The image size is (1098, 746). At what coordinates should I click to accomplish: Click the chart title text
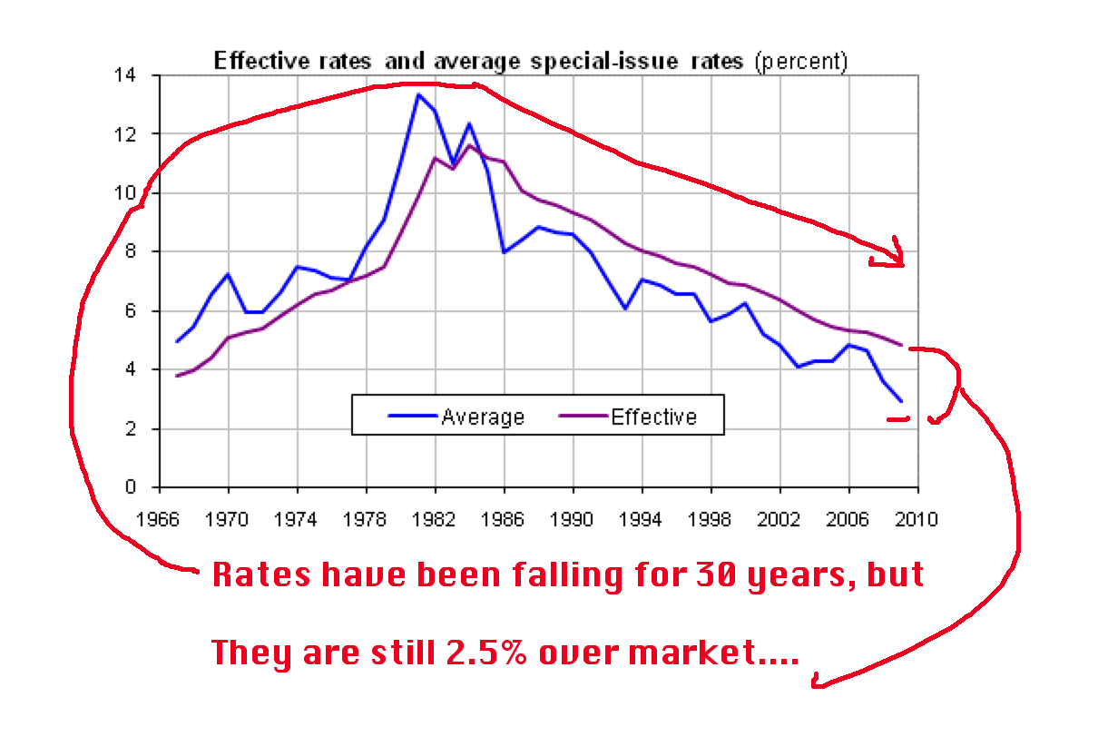530,62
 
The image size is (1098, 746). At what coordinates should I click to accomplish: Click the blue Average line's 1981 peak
417,94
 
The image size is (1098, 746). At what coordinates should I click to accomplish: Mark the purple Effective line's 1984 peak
469,145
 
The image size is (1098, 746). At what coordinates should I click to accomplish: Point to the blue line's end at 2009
900,401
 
